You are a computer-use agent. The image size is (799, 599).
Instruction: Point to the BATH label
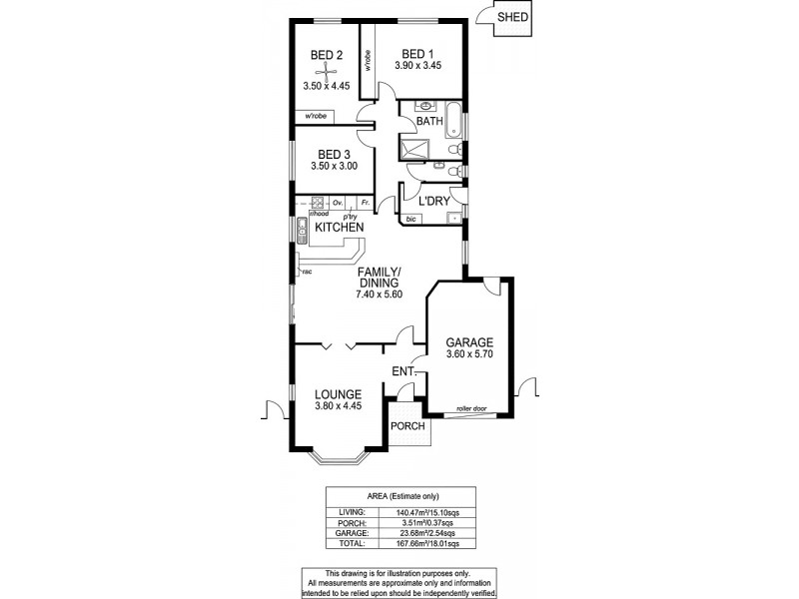tap(429, 122)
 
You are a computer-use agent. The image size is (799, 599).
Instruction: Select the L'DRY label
tap(432, 201)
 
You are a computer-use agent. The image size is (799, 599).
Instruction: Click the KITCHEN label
tap(340, 229)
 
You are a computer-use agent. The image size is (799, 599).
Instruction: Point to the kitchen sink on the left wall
tap(301, 236)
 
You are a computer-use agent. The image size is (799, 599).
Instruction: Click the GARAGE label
tap(469, 341)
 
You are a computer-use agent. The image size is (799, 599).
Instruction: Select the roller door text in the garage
tap(471, 409)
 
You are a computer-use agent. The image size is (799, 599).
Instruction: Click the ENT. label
tap(403, 372)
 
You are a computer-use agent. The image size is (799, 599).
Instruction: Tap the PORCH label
tap(407, 426)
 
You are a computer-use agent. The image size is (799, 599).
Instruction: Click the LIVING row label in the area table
tap(340, 511)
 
